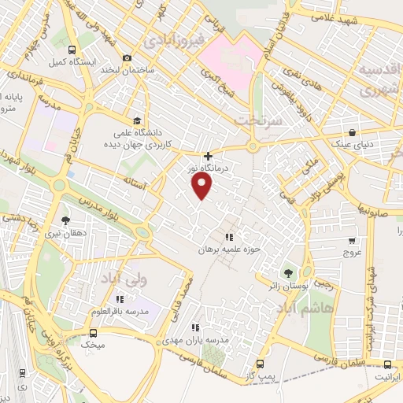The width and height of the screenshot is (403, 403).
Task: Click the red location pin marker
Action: [202, 186]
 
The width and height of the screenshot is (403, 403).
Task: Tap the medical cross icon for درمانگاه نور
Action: [208, 157]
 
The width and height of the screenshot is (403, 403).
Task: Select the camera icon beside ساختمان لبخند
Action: [128, 57]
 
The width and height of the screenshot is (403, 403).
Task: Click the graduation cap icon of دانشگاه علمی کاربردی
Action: [138, 120]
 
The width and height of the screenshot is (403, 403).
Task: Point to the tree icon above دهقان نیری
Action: [65, 221]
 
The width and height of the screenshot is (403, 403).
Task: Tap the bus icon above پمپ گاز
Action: [260, 364]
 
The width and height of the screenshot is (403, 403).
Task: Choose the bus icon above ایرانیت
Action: [387, 364]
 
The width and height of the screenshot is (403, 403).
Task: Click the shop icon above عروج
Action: [351, 242]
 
